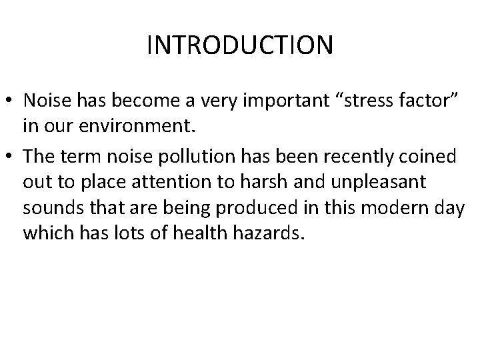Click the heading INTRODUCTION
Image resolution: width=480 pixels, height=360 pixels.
tap(240, 45)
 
